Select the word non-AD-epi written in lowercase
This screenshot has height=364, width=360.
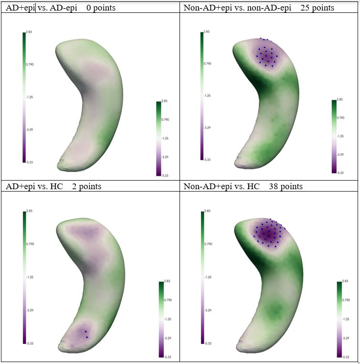click(261, 8)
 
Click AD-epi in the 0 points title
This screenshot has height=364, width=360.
click(62, 8)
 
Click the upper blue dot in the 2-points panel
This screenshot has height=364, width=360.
click(85, 332)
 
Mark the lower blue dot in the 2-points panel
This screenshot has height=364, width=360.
click(87, 337)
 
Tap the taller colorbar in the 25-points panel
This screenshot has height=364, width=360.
click(202, 96)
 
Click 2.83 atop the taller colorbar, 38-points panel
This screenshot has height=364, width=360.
click(206, 211)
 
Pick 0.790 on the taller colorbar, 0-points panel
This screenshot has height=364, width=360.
click(30, 64)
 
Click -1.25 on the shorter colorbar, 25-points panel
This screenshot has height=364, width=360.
click(340, 136)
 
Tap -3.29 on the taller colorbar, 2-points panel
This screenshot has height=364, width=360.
click(29, 310)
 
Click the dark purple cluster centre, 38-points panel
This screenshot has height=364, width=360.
click(269, 233)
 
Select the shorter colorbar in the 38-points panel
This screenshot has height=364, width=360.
click(339, 319)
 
